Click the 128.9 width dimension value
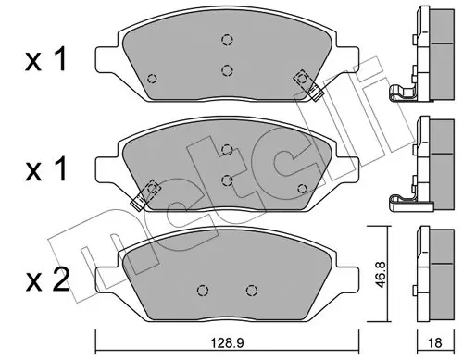(227, 342)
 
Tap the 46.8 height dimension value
(381, 275)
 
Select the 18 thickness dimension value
(435, 342)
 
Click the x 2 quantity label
(47, 279)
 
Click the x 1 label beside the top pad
(46, 59)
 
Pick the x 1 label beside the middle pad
(46, 168)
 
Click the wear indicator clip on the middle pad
(145, 195)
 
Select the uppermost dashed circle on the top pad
(227, 40)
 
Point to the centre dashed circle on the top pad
(227, 70)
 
